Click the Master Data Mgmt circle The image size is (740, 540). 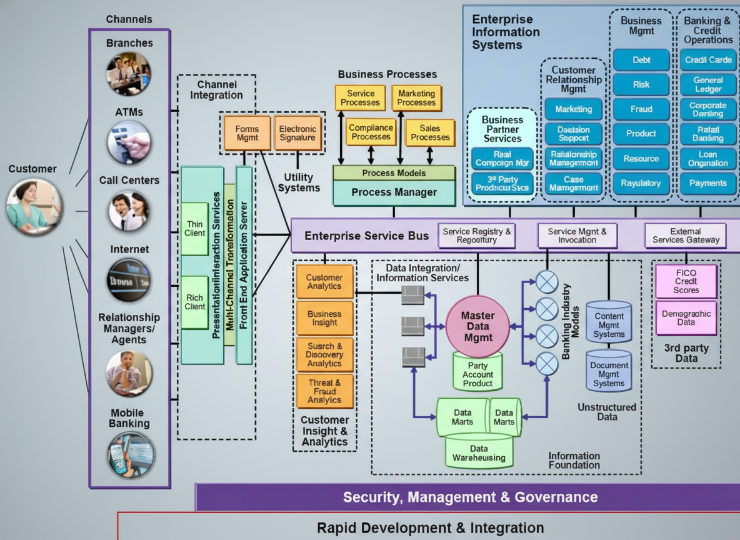[x=478, y=326]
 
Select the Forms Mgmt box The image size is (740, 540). [x=247, y=133]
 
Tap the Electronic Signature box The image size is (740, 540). [x=297, y=133]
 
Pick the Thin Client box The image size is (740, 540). [x=195, y=229]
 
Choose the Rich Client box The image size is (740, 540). [x=195, y=302]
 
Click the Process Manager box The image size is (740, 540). [x=394, y=192]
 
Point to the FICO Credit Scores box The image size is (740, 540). [x=686, y=281]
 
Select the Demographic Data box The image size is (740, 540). [x=686, y=318]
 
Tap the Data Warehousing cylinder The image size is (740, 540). [x=479, y=452]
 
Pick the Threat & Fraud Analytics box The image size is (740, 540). [x=324, y=391]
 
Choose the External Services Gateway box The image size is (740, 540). [x=686, y=236]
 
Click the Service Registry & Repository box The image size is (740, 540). [x=477, y=236]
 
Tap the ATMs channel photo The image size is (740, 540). [x=129, y=142]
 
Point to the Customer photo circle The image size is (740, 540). [x=34, y=206]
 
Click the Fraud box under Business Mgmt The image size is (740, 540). [x=641, y=109]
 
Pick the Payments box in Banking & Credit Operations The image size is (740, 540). [x=707, y=183]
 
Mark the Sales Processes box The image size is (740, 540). [x=430, y=132]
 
